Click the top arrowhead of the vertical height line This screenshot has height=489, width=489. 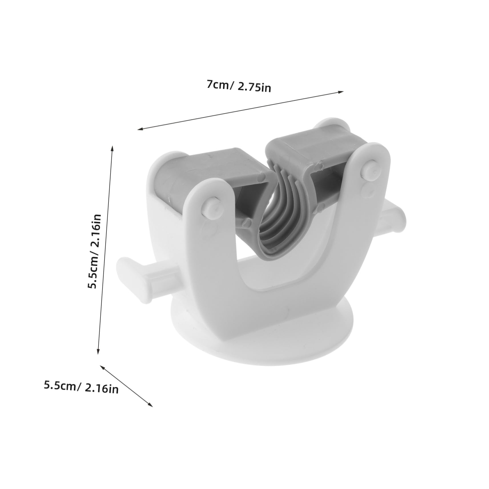click(112, 148)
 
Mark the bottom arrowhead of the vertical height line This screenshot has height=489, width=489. click(98, 351)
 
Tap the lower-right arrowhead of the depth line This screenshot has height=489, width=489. click(150, 404)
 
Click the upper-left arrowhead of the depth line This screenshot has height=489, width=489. click(102, 367)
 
